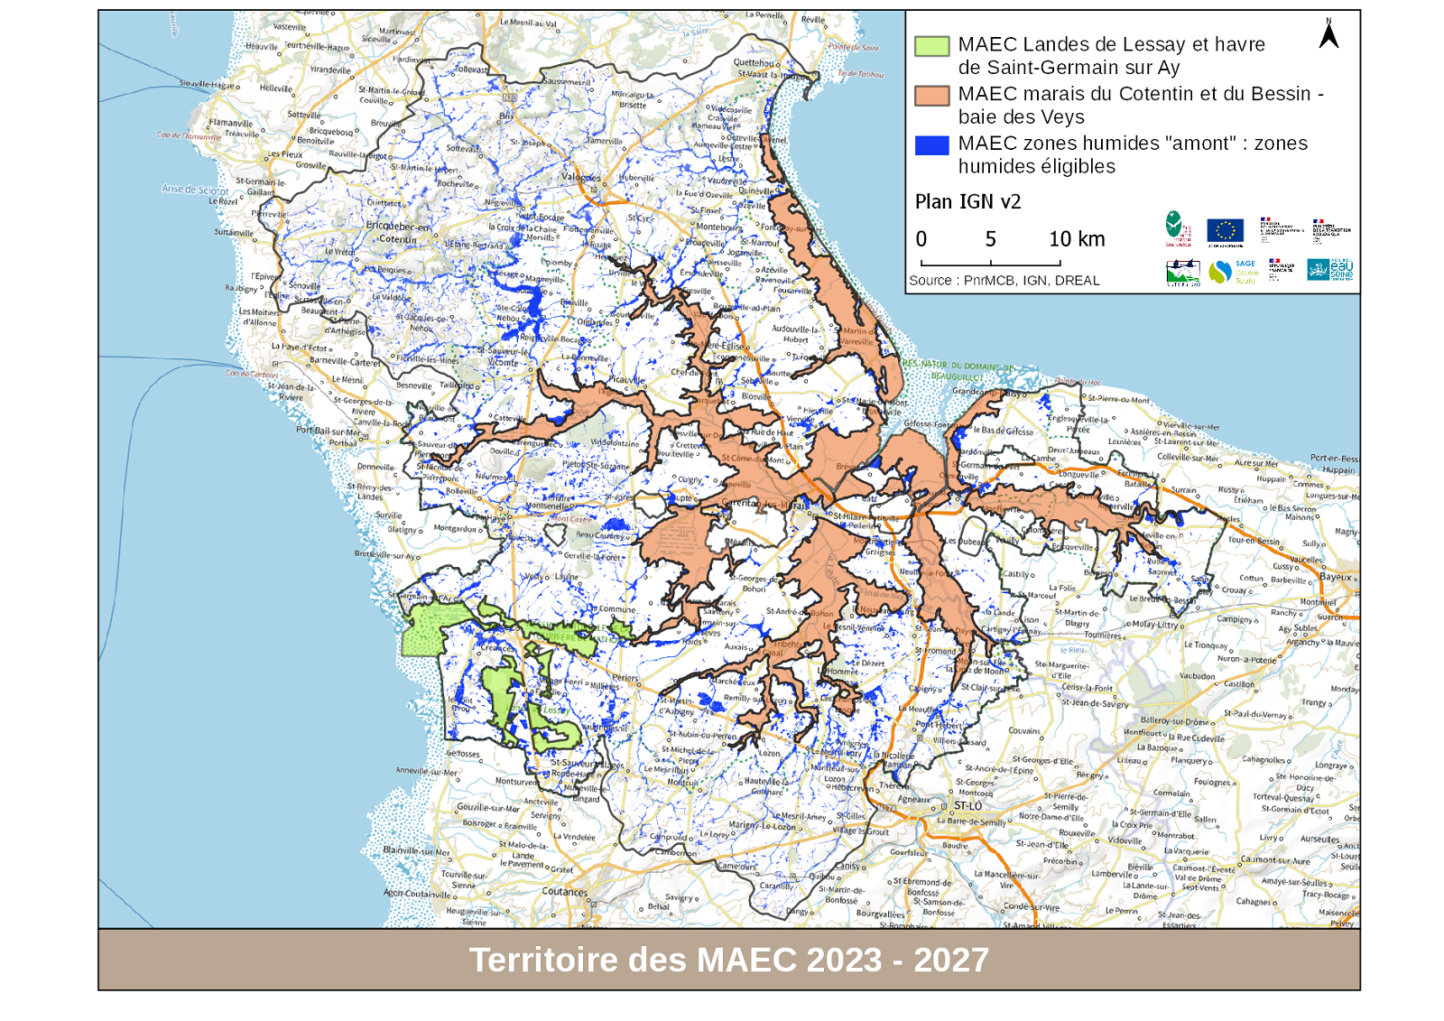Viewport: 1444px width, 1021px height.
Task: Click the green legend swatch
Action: (x=931, y=46)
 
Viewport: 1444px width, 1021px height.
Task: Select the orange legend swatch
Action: (x=931, y=96)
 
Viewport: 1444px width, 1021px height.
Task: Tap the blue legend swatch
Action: (x=931, y=145)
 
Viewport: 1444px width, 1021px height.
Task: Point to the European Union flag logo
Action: (x=1225, y=231)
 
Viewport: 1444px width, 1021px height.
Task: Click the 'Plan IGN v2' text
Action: (x=967, y=202)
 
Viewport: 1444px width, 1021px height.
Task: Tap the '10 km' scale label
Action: (x=1077, y=239)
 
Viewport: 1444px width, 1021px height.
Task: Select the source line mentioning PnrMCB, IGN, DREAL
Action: (x=1004, y=281)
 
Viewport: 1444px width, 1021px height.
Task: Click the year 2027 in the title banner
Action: (x=951, y=961)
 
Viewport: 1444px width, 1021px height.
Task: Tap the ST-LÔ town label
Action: (x=967, y=805)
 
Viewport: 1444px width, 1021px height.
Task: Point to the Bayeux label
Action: (x=1336, y=577)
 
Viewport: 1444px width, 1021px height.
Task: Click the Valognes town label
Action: (x=581, y=177)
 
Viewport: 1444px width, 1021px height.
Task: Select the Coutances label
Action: (x=565, y=892)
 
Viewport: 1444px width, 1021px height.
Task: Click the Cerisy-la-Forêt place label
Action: (x=1088, y=688)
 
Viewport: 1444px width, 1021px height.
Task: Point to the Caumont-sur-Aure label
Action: (x=1275, y=860)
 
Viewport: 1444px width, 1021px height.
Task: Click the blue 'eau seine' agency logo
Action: (x=1330, y=269)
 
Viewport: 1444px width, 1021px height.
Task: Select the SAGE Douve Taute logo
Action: (x=1233, y=272)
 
